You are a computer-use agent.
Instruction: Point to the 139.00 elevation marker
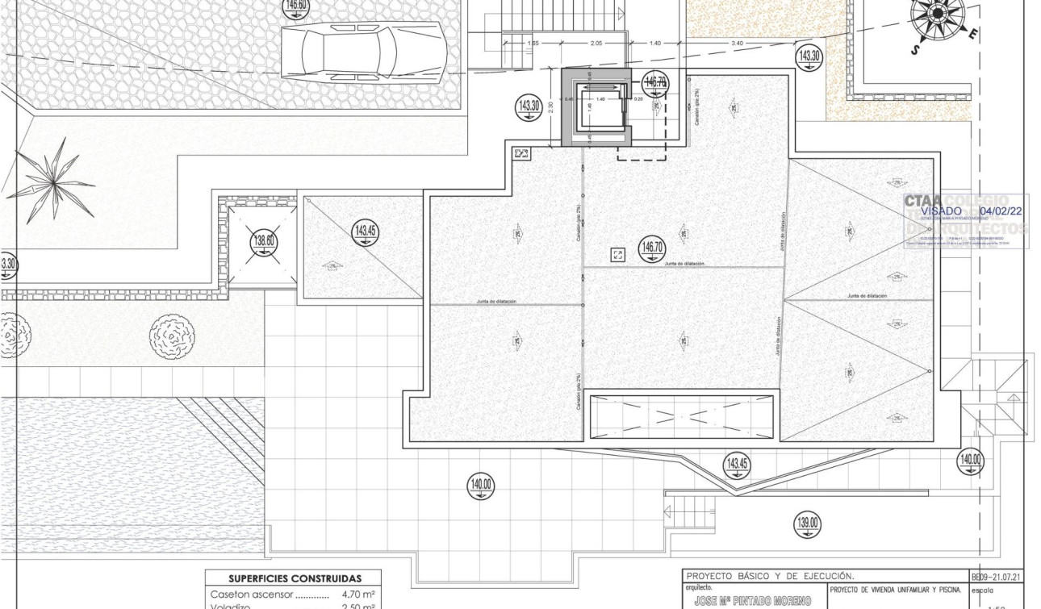click(x=808, y=523)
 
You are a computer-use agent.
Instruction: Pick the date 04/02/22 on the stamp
click(x=1001, y=211)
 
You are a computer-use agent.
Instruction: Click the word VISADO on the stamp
click(x=941, y=211)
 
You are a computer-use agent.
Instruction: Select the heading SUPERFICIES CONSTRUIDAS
click(x=294, y=578)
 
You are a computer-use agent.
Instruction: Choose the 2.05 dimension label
click(x=596, y=43)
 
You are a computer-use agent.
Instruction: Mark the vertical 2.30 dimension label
click(x=551, y=106)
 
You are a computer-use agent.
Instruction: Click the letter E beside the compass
click(x=975, y=35)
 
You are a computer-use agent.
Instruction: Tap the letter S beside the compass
click(x=916, y=50)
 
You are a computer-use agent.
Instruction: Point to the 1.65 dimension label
click(x=533, y=43)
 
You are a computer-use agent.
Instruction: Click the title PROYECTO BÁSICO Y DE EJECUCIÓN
click(x=769, y=577)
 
